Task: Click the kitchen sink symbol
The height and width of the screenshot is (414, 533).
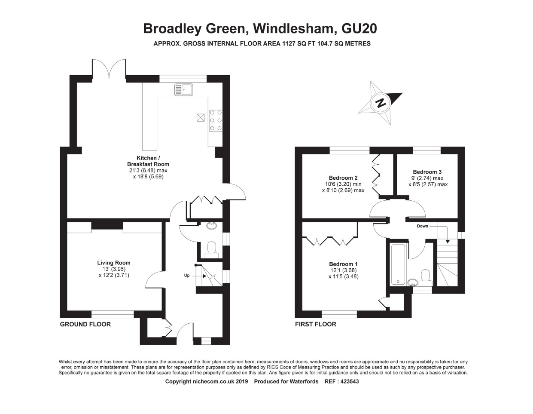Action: [183, 89]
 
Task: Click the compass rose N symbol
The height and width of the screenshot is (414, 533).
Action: [380, 103]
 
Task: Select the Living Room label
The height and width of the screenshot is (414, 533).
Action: [114, 263]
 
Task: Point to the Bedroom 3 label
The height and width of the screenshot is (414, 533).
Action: [427, 172]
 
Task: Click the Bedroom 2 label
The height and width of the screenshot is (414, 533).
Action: [343, 178]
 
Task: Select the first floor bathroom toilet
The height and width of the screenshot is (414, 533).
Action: [425, 276]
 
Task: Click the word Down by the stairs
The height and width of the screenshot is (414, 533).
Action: [422, 226]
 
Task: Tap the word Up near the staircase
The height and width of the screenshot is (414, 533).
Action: [187, 275]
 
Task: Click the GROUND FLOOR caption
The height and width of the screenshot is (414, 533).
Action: [85, 324]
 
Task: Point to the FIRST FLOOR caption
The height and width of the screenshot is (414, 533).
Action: [316, 324]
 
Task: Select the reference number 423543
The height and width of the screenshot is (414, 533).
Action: [349, 381]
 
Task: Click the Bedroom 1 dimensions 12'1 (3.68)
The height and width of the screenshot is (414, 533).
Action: [343, 270]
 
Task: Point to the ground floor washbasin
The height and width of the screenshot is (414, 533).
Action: [211, 226]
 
